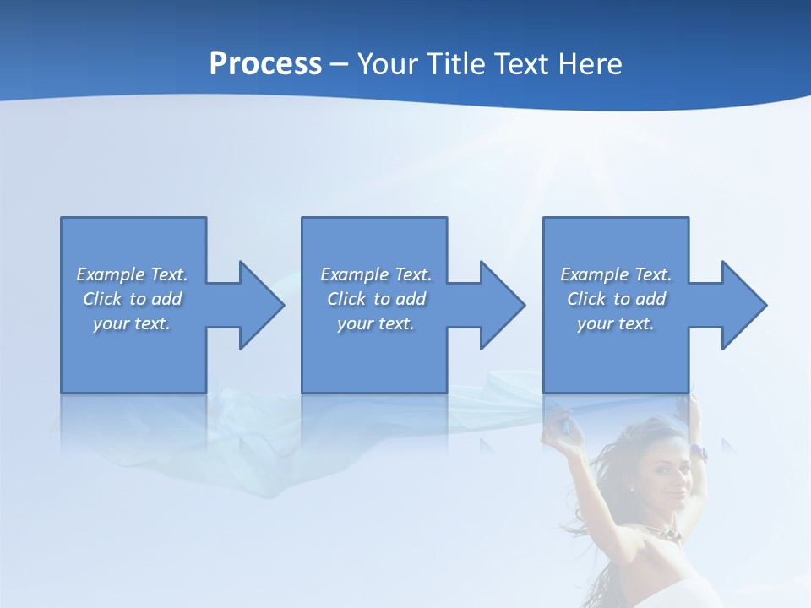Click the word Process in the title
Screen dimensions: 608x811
coord(265,64)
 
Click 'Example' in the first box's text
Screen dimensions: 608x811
coord(110,274)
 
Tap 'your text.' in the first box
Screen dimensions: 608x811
coord(132,323)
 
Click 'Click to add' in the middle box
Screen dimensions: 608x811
coord(376,299)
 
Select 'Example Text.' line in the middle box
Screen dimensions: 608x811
coord(376,274)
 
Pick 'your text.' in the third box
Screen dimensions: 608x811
coord(615,323)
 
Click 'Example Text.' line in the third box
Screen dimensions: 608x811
coord(615,274)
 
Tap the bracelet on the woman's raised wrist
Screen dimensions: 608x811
coord(698,452)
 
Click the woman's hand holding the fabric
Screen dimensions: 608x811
coord(553,420)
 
